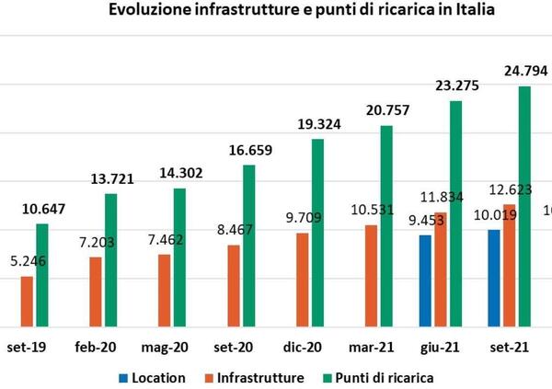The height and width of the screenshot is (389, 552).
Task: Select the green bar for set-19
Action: click(x=41, y=274)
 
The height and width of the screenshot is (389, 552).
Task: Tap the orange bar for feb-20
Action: click(x=96, y=291)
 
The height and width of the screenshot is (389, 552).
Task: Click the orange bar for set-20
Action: click(x=234, y=285)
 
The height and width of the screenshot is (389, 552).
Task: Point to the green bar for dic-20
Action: click(x=317, y=232)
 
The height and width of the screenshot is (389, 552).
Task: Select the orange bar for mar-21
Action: click(x=371, y=275)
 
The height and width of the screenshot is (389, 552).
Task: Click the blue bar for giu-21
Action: click(x=425, y=280)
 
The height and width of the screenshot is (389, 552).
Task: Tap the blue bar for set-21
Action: click(x=494, y=278)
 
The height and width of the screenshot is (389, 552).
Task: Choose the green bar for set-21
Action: click(x=524, y=206)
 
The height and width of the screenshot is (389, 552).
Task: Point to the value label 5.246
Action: click(x=27, y=260)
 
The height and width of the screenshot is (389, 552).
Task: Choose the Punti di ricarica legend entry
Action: click(x=385, y=378)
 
